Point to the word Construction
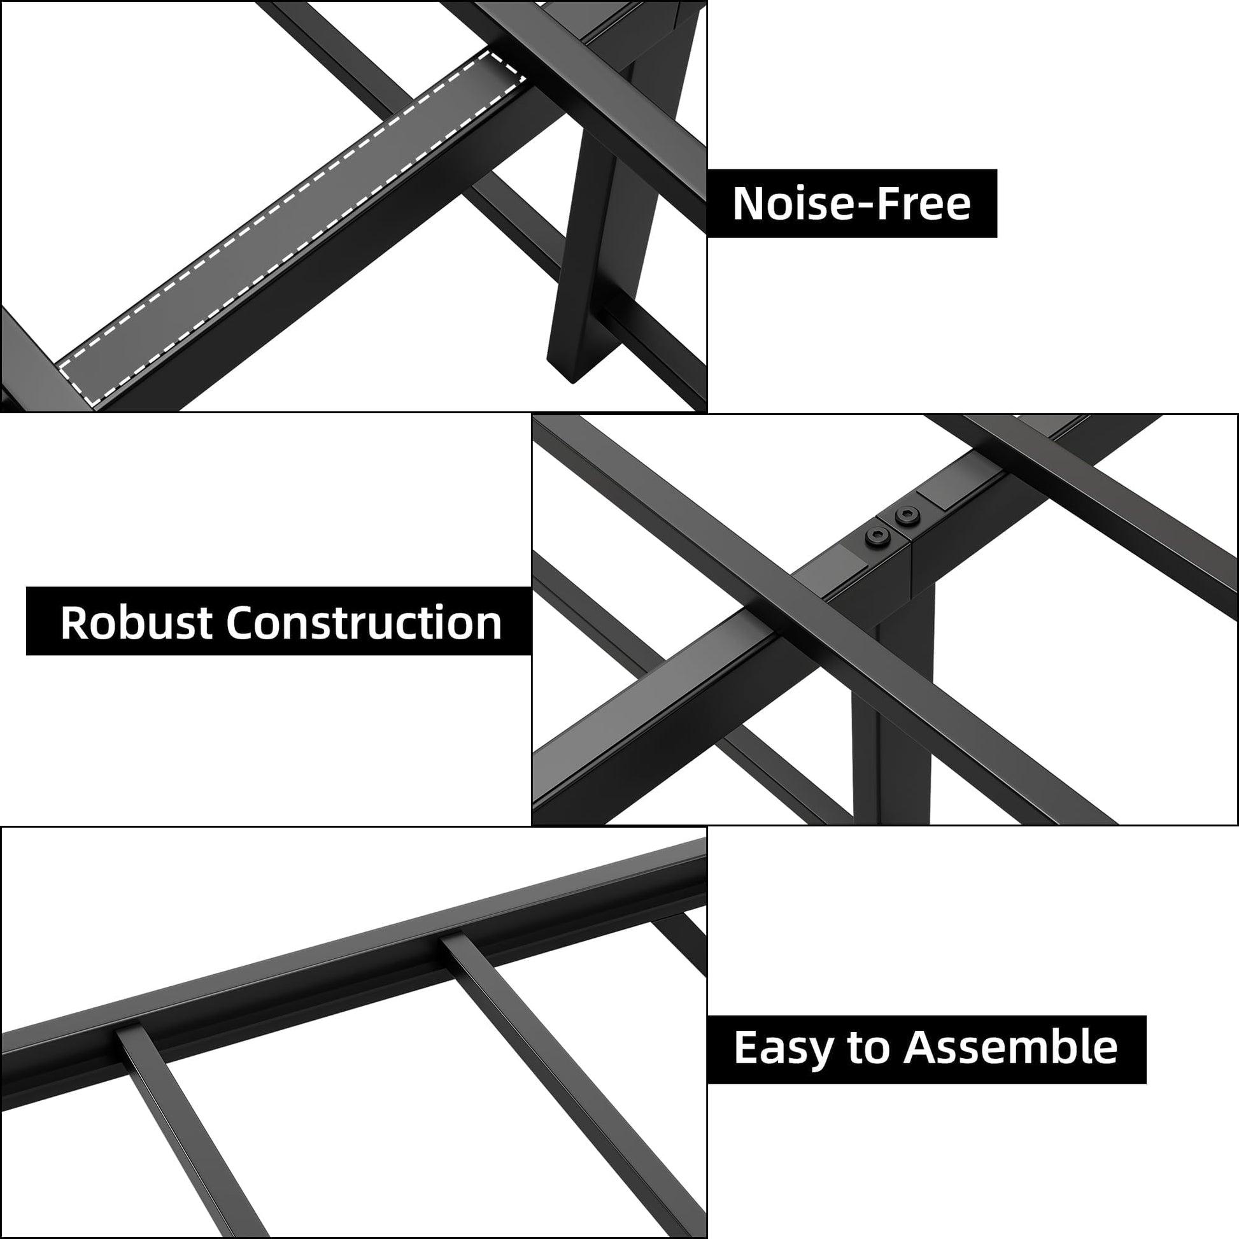pos(364,622)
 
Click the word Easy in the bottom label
pos(783,1048)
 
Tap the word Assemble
pos(1010,1048)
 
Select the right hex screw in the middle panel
pos(906,515)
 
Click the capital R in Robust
pos(74,622)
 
